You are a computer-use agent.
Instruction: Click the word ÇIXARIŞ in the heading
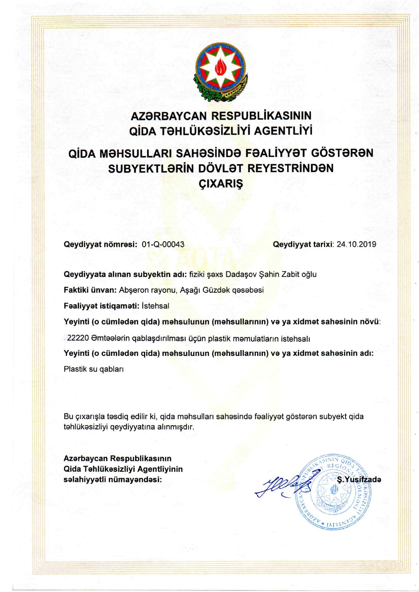[x=221, y=184]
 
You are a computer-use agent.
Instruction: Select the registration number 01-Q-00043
[x=163, y=244]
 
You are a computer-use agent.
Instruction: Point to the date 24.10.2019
[x=356, y=244]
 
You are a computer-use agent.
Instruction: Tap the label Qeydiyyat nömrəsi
[x=100, y=244]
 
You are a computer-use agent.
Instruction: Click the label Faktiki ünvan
[x=90, y=290]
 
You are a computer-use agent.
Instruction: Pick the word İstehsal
[x=155, y=306]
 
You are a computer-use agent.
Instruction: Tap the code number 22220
[x=78, y=338]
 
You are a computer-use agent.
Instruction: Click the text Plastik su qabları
[x=94, y=369]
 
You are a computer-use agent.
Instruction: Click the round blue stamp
[x=333, y=491]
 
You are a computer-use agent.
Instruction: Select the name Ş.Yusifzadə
[x=359, y=480]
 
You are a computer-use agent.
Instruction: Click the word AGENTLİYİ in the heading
[x=283, y=131]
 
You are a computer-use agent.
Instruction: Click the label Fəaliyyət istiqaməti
[x=101, y=306]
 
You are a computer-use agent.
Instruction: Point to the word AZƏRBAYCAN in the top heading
[x=169, y=116]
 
